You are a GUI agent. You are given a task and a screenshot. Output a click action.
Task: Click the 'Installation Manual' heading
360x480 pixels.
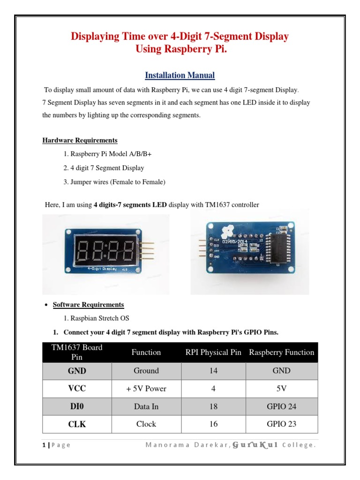tap(180, 75)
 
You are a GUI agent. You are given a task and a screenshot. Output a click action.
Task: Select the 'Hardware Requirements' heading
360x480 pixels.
tap(80, 140)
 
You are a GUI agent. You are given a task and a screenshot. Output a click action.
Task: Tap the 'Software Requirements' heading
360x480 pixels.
tap(88, 305)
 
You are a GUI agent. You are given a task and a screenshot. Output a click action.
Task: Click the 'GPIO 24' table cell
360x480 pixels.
tap(281, 406)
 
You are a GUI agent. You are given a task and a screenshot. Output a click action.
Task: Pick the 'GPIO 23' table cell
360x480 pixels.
tap(281, 424)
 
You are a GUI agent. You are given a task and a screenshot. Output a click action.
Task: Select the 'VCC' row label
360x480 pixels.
tap(77, 389)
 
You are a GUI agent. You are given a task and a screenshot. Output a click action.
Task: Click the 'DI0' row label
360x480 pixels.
tap(77, 406)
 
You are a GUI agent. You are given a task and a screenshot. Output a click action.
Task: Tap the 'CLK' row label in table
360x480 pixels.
tap(77, 424)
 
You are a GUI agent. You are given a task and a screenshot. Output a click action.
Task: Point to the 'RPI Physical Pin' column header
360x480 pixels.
tap(213, 352)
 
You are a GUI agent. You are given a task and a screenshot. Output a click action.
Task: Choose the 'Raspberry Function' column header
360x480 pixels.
tap(282, 352)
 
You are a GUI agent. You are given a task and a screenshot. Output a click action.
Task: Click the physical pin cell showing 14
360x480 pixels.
tap(213, 371)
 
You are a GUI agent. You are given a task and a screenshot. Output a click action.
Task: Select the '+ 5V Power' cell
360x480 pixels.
tap(146, 389)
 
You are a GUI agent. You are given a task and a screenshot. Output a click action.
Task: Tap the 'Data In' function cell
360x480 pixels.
tap(146, 406)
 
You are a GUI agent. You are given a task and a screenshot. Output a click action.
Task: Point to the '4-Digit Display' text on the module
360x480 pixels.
tap(102, 269)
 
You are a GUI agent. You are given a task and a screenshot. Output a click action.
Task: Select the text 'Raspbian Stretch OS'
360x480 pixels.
tap(96, 318)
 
